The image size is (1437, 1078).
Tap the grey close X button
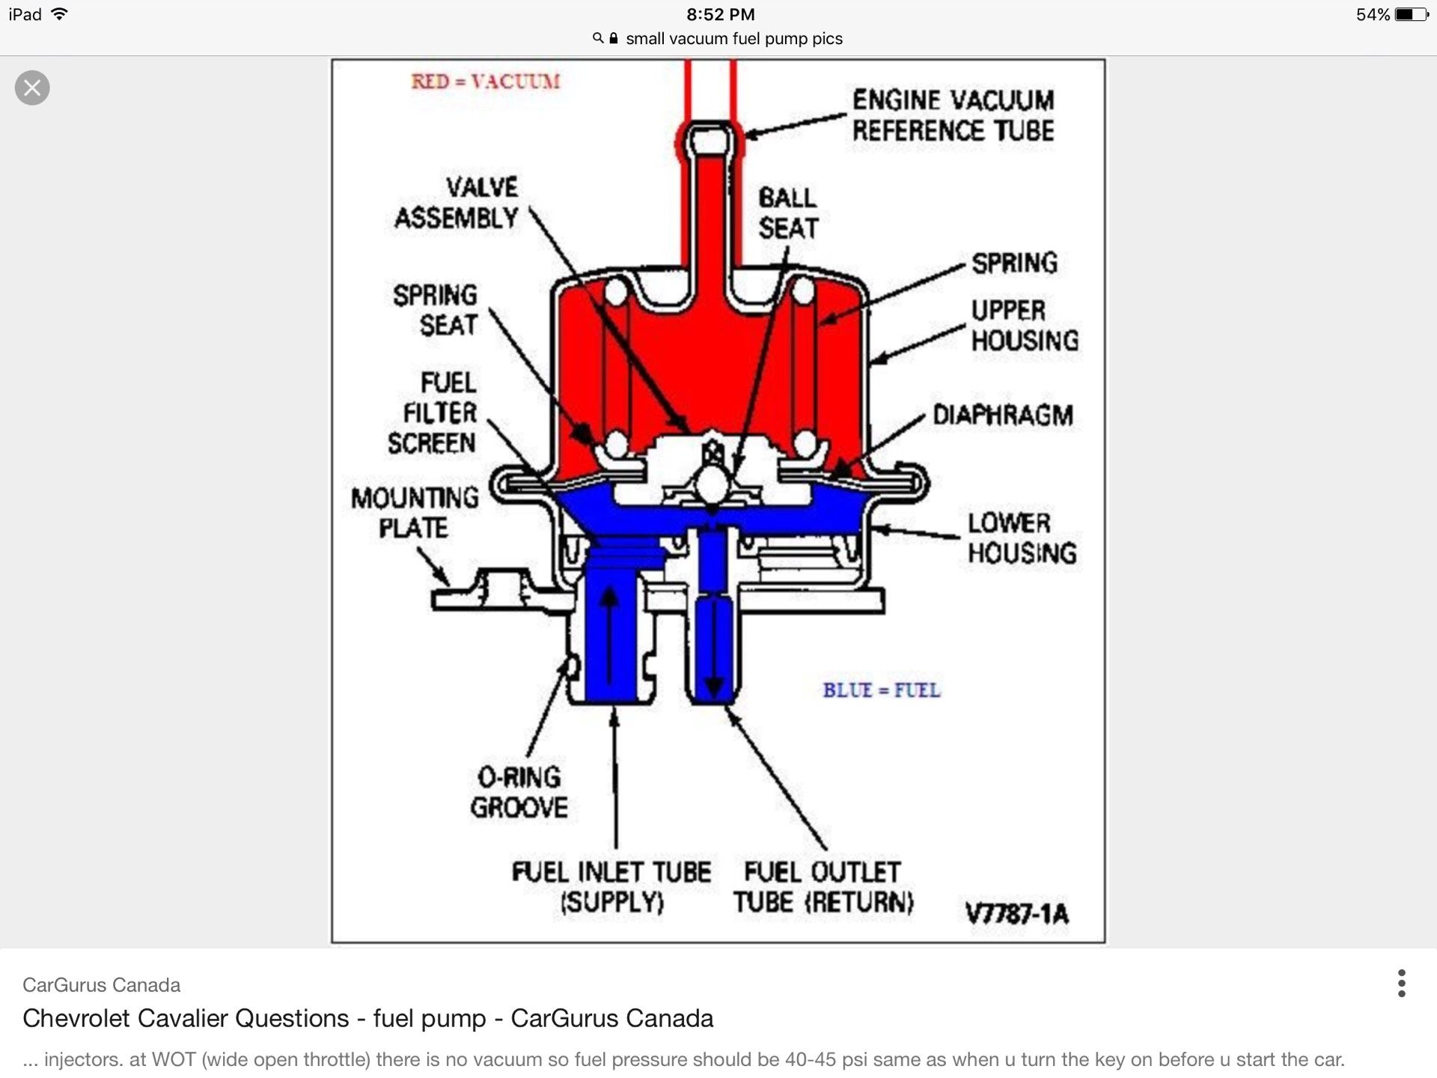(x=32, y=88)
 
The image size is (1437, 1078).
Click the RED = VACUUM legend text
(x=485, y=81)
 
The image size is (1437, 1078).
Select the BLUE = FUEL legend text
(x=882, y=689)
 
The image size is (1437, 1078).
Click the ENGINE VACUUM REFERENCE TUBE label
(x=953, y=115)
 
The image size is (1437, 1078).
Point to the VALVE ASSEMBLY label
(x=457, y=203)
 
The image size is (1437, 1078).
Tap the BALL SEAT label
(x=788, y=213)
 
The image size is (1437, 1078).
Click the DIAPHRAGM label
(x=1002, y=415)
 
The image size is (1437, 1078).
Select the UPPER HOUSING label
(x=1025, y=325)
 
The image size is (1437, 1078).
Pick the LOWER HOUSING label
(x=1022, y=538)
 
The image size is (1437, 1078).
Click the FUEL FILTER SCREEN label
(x=433, y=412)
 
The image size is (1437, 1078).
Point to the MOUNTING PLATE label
(x=415, y=512)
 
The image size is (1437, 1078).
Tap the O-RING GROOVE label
(x=519, y=792)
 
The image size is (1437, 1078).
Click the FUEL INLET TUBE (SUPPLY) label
(x=611, y=887)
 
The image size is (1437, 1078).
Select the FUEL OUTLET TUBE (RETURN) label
(x=823, y=887)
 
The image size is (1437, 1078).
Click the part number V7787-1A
(x=1017, y=913)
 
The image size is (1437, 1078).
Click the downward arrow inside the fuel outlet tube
(x=714, y=648)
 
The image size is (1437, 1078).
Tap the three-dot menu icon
(x=1401, y=983)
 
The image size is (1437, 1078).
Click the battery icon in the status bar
(x=1412, y=14)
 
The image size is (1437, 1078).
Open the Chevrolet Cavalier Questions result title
(x=367, y=1018)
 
